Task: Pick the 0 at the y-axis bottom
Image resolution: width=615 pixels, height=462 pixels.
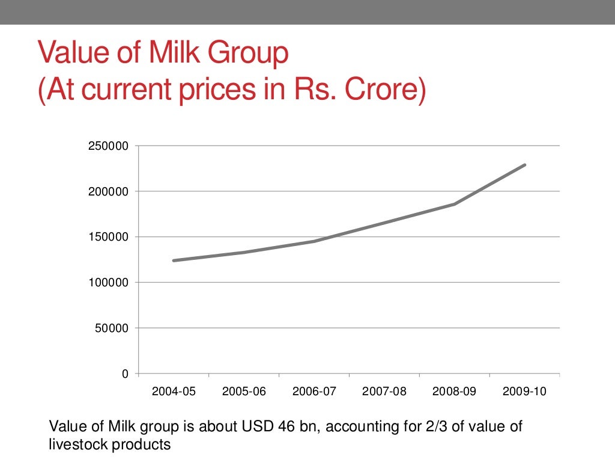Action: pos(125,374)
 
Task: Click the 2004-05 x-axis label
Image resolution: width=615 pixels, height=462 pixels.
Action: pos(174,392)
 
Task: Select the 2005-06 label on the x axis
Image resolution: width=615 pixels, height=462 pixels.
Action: pos(244,392)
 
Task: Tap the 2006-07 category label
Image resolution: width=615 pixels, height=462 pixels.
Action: pos(314,392)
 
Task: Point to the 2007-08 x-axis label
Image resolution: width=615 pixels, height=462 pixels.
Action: pos(384,392)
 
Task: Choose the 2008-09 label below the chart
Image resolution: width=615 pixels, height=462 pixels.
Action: pos(455,392)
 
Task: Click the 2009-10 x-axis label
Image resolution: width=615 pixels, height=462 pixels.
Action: pos(524,392)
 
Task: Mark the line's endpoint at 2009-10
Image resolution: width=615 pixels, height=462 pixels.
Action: pos(525,165)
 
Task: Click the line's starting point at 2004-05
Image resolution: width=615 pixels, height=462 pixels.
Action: pos(174,260)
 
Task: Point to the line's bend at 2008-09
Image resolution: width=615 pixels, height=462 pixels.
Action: pos(455,204)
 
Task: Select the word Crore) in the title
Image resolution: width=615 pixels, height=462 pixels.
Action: pos(384,91)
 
